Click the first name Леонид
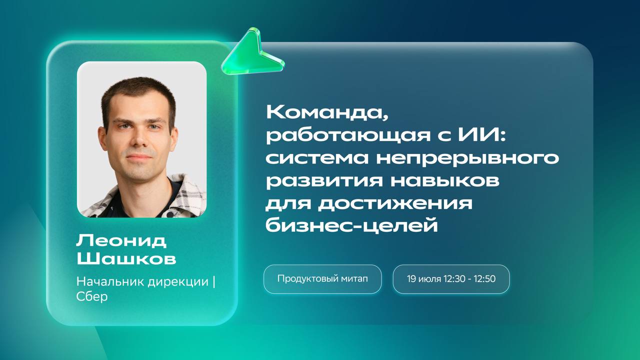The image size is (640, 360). point(121,241)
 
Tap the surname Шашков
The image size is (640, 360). point(126,259)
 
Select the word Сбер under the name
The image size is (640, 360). point(92,296)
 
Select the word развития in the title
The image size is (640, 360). point(324,181)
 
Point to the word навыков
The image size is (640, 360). point(445,180)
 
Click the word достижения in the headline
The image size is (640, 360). point(395,204)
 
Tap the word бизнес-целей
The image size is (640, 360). point(352,225)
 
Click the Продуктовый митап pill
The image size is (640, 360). point(322,279)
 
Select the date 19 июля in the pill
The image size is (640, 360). point(424,279)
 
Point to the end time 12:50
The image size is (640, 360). point(484,279)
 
